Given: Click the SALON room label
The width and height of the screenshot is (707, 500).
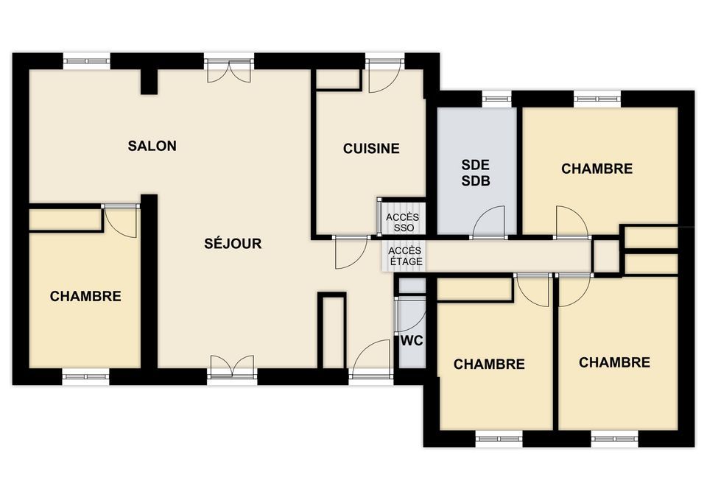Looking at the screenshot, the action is click(152, 146).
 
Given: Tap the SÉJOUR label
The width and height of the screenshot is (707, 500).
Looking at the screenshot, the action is click(233, 244).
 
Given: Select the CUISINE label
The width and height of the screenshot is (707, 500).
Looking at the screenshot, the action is click(371, 148).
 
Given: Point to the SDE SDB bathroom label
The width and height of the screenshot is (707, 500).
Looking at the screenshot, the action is click(476, 172).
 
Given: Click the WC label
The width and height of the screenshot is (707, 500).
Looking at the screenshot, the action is click(412, 341).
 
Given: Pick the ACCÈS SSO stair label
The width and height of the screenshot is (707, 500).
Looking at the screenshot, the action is click(403, 222).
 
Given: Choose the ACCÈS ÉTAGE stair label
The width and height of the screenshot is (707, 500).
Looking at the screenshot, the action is click(405, 256).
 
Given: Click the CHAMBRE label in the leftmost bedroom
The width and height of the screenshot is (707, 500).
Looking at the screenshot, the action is click(85, 296).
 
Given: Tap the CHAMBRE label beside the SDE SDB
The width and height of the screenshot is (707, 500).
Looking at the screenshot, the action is click(597, 169).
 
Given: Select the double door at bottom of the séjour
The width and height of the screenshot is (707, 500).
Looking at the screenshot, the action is click(232, 365).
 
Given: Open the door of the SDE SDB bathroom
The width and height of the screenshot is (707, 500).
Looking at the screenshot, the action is click(488, 222).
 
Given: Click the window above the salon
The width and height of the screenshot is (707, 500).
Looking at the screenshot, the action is click(87, 60).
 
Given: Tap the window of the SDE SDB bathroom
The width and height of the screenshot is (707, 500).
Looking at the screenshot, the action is click(497, 99).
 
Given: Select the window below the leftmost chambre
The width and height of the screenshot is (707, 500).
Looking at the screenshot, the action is click(85, 376).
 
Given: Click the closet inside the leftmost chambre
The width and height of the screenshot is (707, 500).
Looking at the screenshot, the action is click(66, 219).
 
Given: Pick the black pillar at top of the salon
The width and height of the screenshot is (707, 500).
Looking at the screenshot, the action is click(149, 82).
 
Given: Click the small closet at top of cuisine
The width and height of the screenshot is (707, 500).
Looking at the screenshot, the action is click(338, 80).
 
